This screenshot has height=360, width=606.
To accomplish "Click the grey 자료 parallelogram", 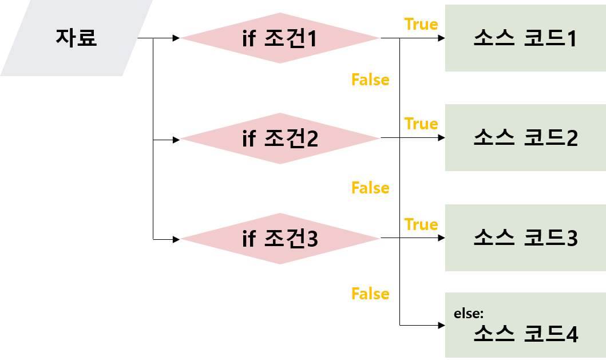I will (76, 38).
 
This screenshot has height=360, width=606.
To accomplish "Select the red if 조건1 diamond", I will (280, 38).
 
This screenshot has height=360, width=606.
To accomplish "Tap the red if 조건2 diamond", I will (280, 139).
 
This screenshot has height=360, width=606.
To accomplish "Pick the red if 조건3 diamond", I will (280, 239).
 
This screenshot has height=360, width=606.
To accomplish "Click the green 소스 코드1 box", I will (525, 38).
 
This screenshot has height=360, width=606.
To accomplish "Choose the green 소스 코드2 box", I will (525, 137).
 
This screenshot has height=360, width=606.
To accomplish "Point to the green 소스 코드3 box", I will (525, 238).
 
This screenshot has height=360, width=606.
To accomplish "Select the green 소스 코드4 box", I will (525, 325).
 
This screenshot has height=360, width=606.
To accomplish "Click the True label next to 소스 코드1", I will (421, 24).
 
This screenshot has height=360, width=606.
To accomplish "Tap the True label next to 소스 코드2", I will (421, 124).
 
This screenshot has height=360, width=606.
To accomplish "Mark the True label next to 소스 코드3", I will (421, 224).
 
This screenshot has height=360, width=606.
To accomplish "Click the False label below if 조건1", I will (370, 80).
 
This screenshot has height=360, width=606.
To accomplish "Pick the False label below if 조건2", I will (370, 188).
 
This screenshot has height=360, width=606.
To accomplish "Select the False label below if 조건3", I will (370, 294).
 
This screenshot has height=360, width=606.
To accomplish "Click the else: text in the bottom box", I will (469, 314).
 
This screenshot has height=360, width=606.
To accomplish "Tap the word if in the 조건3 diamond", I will (248, 238).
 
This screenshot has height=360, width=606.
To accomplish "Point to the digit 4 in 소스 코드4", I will (571, 335).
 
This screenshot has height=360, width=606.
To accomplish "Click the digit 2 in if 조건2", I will (311, 139).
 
